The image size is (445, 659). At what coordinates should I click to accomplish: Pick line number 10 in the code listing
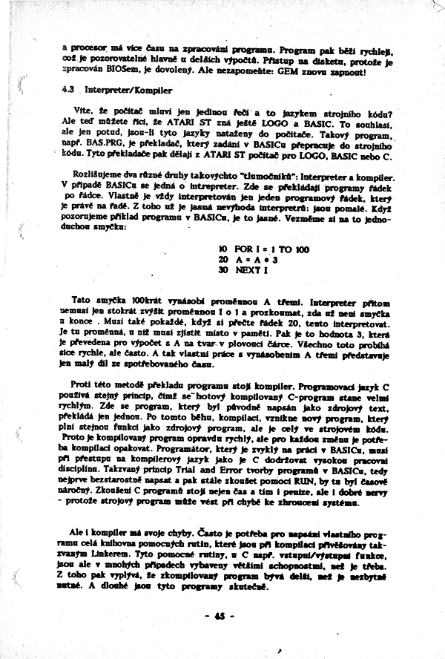222,249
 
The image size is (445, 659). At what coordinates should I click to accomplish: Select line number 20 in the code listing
222,260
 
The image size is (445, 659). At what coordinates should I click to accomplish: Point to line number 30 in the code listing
222,270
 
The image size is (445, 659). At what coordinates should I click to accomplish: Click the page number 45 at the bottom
220,616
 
